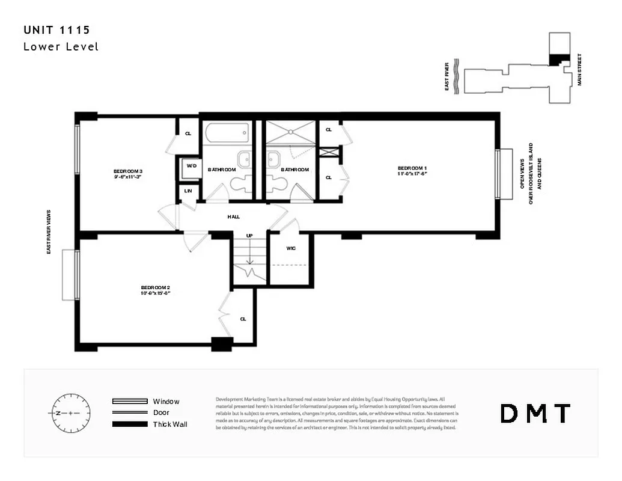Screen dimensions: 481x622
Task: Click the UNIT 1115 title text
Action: pyautogui.click(x=57, y=29)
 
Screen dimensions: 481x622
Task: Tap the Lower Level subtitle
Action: pyautogui.click(x=61, y=46)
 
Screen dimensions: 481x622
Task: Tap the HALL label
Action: pyautogui.click(x=234, y=216)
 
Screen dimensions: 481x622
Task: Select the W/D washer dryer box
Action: pyautogui.click(x=191, y=166)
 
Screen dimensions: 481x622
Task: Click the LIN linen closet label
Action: pyautogui.click(x=188, y=191)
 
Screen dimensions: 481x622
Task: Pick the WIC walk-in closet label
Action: pyautogui.click(x=291, y=248)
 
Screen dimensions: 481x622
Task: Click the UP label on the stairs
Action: pyautogui.click(x=249, y=236)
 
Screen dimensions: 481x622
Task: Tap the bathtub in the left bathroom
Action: pyautogui.click(x=227, y=132)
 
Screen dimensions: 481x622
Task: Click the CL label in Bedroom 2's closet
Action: pyautogui.click(x=243, y=319)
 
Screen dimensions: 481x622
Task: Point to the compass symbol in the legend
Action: pyautogui.click(x=70, y=413)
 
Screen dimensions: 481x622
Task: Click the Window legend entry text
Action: pyautogui.click(x=166, y=401)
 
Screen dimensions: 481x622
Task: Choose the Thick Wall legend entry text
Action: pyautogui.click(x=171, y=424)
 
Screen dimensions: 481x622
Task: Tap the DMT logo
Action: pyautogui.click(x=535, y=413)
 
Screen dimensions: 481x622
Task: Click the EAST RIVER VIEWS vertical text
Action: pyautogui.click(x=49, y=231)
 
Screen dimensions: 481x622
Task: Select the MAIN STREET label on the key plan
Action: pyautogui.click(x=580, y=69)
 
